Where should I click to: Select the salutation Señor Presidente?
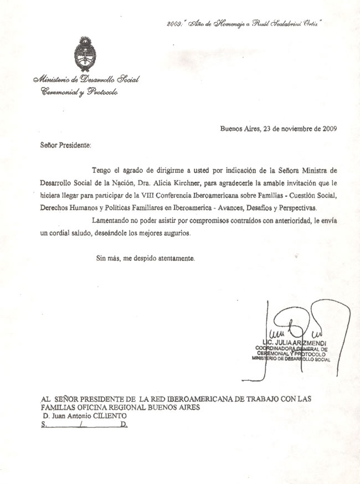point(64,145)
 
